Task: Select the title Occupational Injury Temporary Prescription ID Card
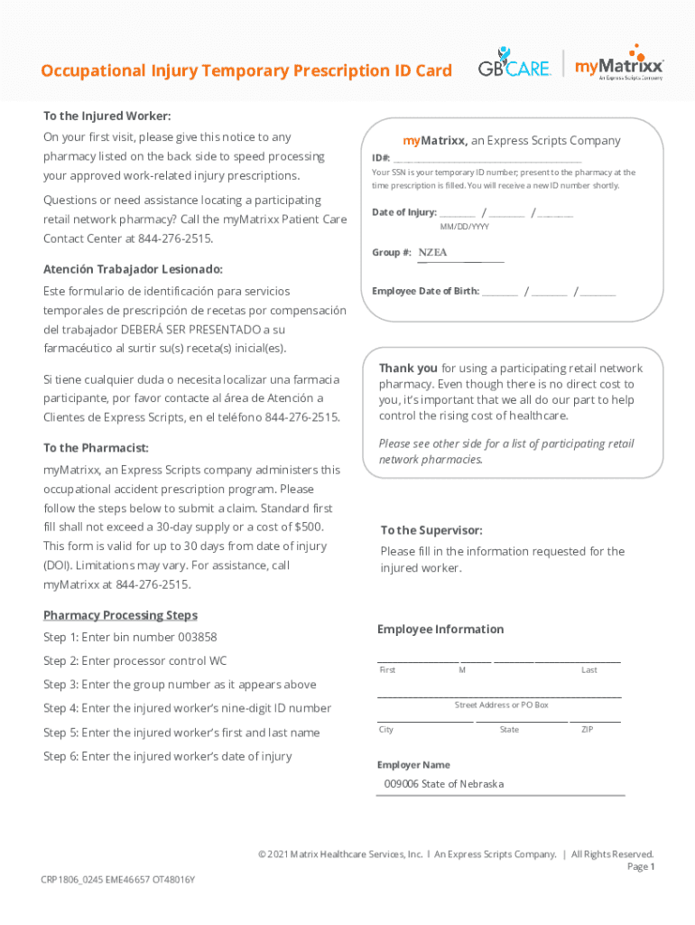coord(246,71)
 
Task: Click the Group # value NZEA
coord(432,253)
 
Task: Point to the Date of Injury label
coord(404,213)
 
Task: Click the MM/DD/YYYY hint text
coord(470,227)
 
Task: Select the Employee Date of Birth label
coord(425,292)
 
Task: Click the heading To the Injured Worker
coord(107,116)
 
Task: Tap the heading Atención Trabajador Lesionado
coord(133,269)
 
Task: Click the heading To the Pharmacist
coord(96,448)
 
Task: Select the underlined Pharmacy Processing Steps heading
coord(120,615)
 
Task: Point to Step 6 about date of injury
coord(167,756)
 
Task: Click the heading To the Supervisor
coord(431,530)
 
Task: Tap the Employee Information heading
coord(440,630)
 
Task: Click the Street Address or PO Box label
coord(501,705)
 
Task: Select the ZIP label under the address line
coord(587,729)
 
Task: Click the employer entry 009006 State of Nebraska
coord(443,784)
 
